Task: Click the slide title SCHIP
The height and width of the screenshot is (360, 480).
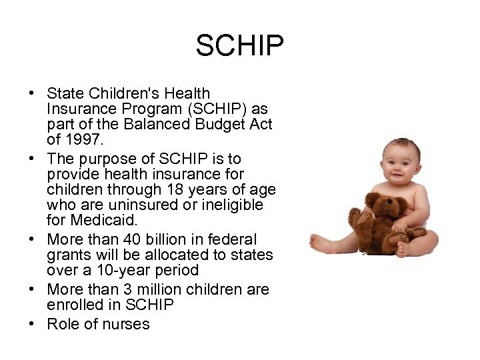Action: click(240, 46)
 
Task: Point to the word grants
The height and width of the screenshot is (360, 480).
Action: click(69, 255)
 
